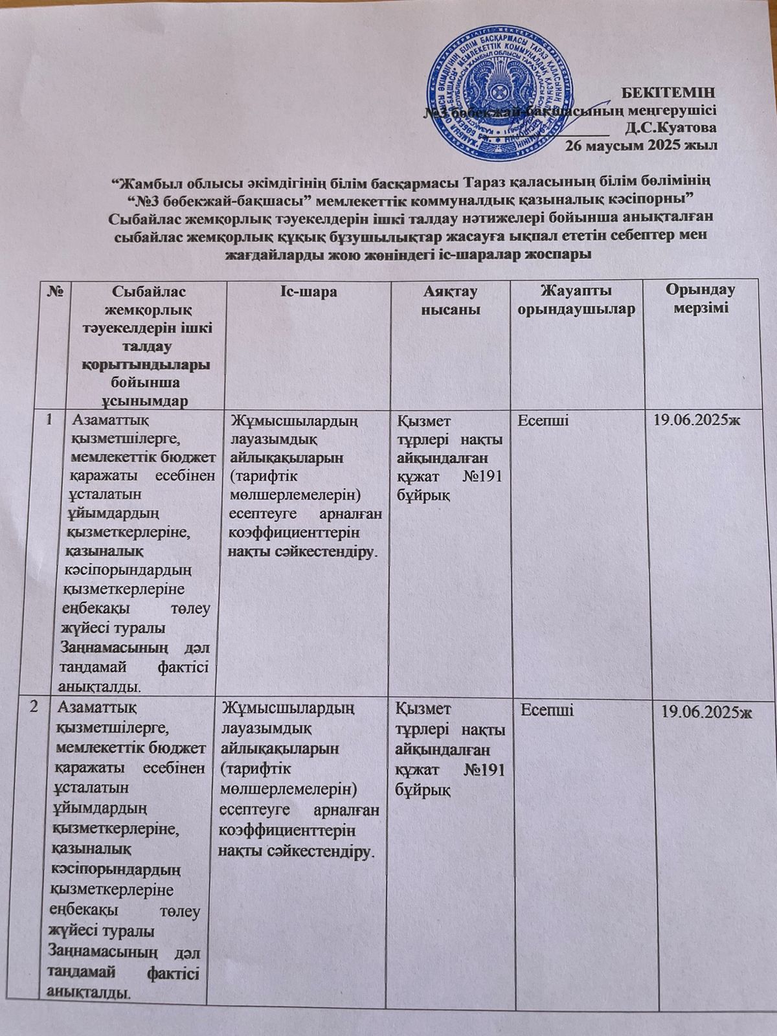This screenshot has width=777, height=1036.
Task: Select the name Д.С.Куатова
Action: (671, 127)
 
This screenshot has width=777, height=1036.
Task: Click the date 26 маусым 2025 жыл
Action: (641, 144)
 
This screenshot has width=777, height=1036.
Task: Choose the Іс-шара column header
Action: (308, 292)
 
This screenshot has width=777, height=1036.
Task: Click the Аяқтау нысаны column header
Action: (451, 300)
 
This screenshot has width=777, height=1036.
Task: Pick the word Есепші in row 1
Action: (544, 421)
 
